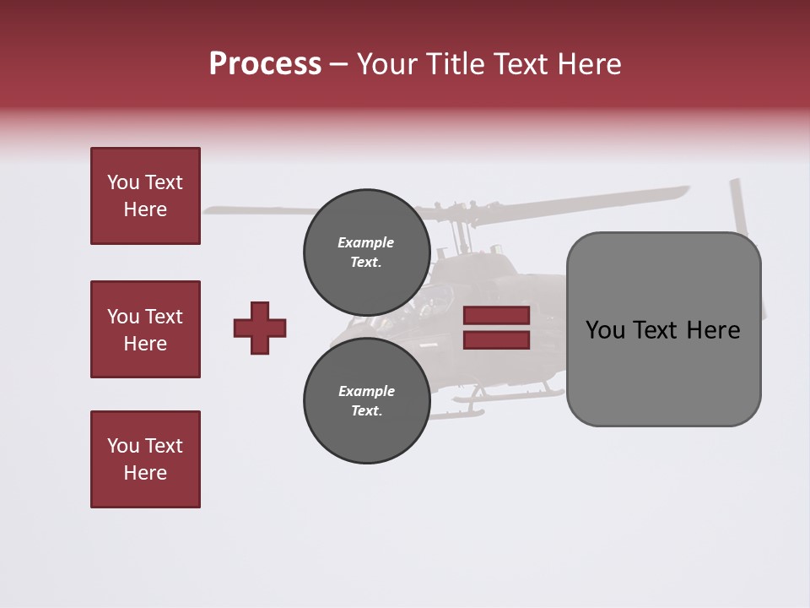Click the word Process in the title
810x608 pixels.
click(265, 64)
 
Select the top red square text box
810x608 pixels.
click(145, 196)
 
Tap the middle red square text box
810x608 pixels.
click(145, 329)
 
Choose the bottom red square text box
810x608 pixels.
click(145, 459)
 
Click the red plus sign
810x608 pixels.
click(260, 328)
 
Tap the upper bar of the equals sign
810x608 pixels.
click(496, 316)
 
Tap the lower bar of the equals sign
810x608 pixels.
click(496, 339)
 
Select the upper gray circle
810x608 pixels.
click(367, 252)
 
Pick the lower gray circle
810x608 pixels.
click(367, 400)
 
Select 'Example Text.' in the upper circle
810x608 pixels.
click(366, 252)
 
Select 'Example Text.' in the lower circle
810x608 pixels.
click(366, 400)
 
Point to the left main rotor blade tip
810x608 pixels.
click(211, 209)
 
